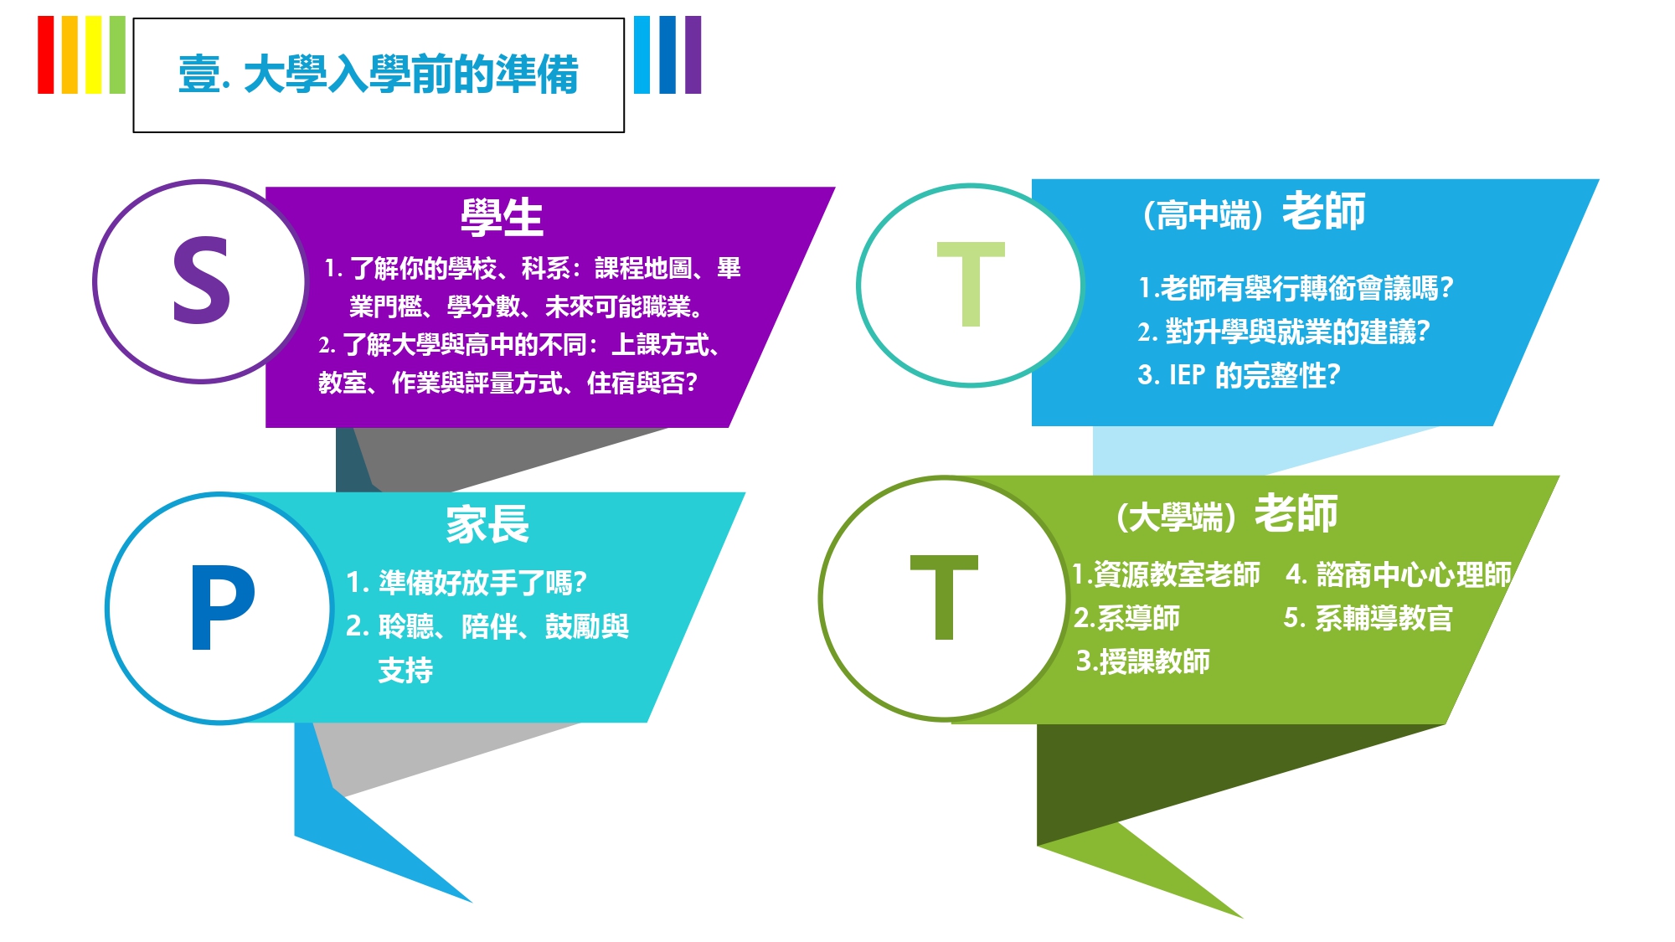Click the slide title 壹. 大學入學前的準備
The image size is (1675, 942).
click(379, 75)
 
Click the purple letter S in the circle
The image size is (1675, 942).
click(201, 280)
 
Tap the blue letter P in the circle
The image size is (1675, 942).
click(222, 606)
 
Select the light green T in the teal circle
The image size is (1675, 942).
click(971, 284)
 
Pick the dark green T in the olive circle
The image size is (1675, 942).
click(944, 597)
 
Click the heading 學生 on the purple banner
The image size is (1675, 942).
click(502, 218)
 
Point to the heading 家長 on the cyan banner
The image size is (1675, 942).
click(487, 525)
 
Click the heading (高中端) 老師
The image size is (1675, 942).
click(1254, 211)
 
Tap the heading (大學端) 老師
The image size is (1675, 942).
click(1227, 513)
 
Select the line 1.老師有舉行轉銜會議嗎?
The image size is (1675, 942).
click(1296, 288)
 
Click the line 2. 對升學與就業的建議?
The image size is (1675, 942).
click(1284, 332)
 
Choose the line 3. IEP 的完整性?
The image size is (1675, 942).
click(1239, 375)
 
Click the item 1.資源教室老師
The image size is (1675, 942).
click(1166, 574)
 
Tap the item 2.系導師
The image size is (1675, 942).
click(1126, 618)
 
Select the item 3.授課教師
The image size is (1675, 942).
click(1142, 661)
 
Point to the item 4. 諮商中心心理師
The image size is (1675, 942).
click(1399, 574)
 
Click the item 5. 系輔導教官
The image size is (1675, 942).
click(1368, 618)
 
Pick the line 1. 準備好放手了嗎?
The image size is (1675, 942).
click(466, 582)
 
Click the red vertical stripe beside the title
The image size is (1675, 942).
click(46, 54)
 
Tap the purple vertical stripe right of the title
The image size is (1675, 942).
click(693, 54)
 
